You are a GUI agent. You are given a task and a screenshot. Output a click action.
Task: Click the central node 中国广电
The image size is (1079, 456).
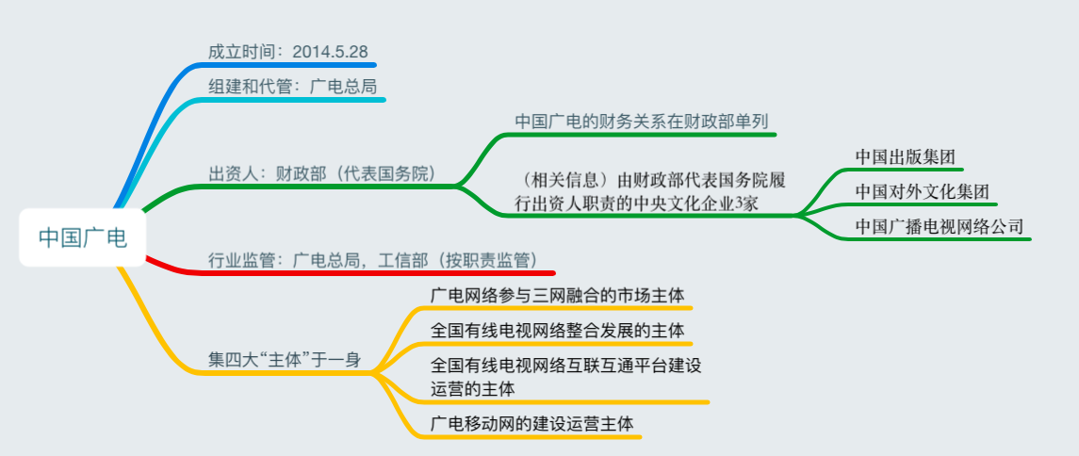83,237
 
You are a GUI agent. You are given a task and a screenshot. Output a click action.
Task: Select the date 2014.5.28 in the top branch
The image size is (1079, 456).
331,52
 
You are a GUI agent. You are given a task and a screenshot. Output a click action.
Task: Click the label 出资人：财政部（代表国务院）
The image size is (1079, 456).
323,172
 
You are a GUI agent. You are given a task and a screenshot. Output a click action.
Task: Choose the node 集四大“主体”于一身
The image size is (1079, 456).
285,360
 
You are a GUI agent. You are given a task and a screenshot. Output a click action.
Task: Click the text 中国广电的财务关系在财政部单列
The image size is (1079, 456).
643,121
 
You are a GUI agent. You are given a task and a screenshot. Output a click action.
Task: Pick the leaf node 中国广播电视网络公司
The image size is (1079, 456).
940,225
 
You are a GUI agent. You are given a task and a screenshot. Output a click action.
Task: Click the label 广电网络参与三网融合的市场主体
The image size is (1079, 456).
557,296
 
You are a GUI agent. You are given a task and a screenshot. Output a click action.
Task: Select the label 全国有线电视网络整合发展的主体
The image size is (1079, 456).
557,330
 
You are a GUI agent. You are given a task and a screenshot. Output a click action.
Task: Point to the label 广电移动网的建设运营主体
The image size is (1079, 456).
531,424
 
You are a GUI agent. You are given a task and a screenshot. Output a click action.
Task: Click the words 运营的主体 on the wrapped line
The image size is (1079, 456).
473,388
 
